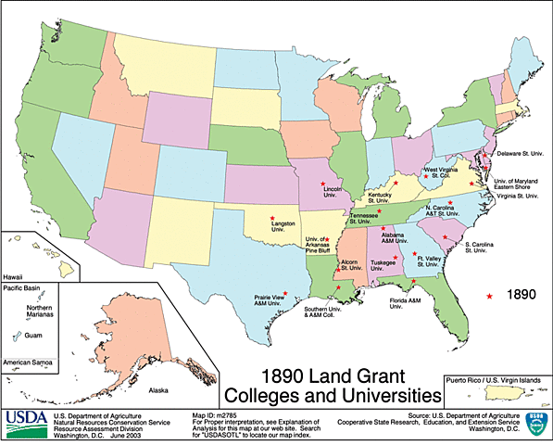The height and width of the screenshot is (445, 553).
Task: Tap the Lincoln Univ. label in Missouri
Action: point(336,192)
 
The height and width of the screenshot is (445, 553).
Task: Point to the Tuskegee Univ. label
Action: point(383,264)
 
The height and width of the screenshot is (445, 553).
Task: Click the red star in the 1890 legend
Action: point(489,295)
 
